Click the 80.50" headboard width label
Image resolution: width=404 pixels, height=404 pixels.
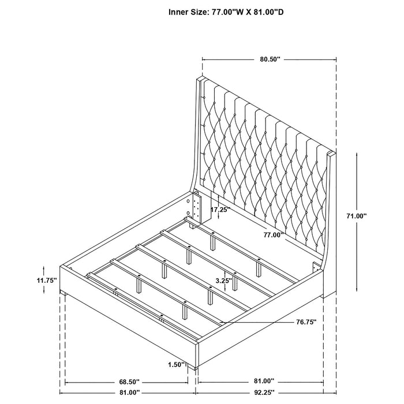point(270,58)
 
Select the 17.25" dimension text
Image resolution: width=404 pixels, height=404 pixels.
point(220,210)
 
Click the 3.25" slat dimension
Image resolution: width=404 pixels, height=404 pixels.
point(223,280)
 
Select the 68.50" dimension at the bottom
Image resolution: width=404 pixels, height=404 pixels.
point(127,381)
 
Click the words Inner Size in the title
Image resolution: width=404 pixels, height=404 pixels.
point(188,11)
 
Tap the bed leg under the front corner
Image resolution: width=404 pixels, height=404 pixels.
point(197,366)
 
